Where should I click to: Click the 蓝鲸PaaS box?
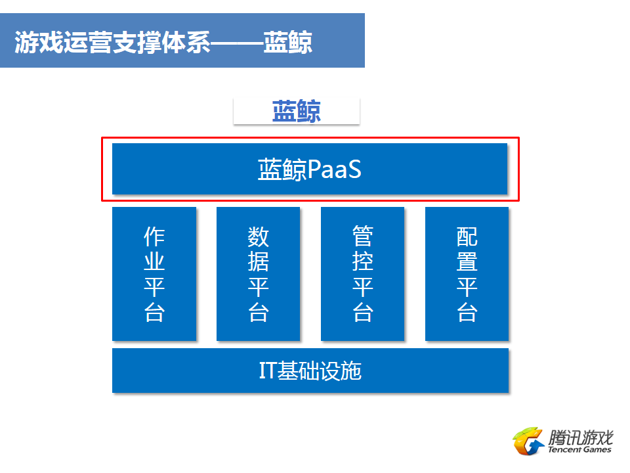pos(309,169)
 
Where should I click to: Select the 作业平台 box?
pos(154,274)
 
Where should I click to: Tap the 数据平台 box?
pos(259,274)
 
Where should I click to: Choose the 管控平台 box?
pos(362,274)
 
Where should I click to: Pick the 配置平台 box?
pos(467,274)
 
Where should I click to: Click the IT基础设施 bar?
pos(310,371)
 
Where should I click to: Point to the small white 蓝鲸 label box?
pos(297,111)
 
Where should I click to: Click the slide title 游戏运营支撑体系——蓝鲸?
pos(163,42)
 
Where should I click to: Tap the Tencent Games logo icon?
pos(528,441)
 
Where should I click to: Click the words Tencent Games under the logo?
pos(579,449)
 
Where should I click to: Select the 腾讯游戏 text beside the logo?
pos(581,438)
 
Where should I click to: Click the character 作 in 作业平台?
pos(154,236)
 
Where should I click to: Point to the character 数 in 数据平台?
pos(259,236)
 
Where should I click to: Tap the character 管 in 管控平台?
pos(363,236)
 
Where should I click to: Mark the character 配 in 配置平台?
pos(467,236)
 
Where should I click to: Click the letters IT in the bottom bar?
pos(268,371)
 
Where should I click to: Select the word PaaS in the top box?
pos(335,169)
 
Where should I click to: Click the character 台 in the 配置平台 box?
pos(467,312)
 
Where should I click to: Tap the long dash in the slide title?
pos(237,42)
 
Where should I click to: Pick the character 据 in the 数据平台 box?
pos(259,262)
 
